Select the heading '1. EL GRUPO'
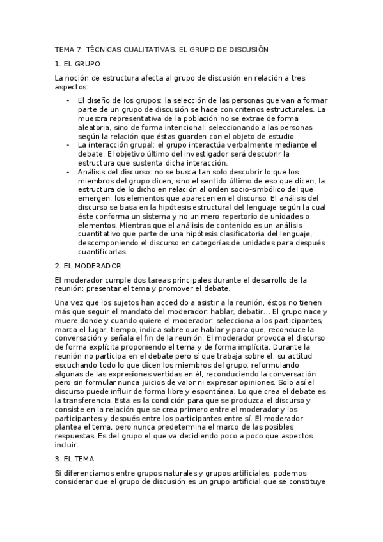(77, 65)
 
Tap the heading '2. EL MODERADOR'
(88, 265)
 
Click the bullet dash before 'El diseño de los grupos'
(68, 100)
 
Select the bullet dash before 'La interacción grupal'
(68, 145)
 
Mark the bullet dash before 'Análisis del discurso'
(68, 172)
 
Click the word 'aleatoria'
(94, 127)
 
